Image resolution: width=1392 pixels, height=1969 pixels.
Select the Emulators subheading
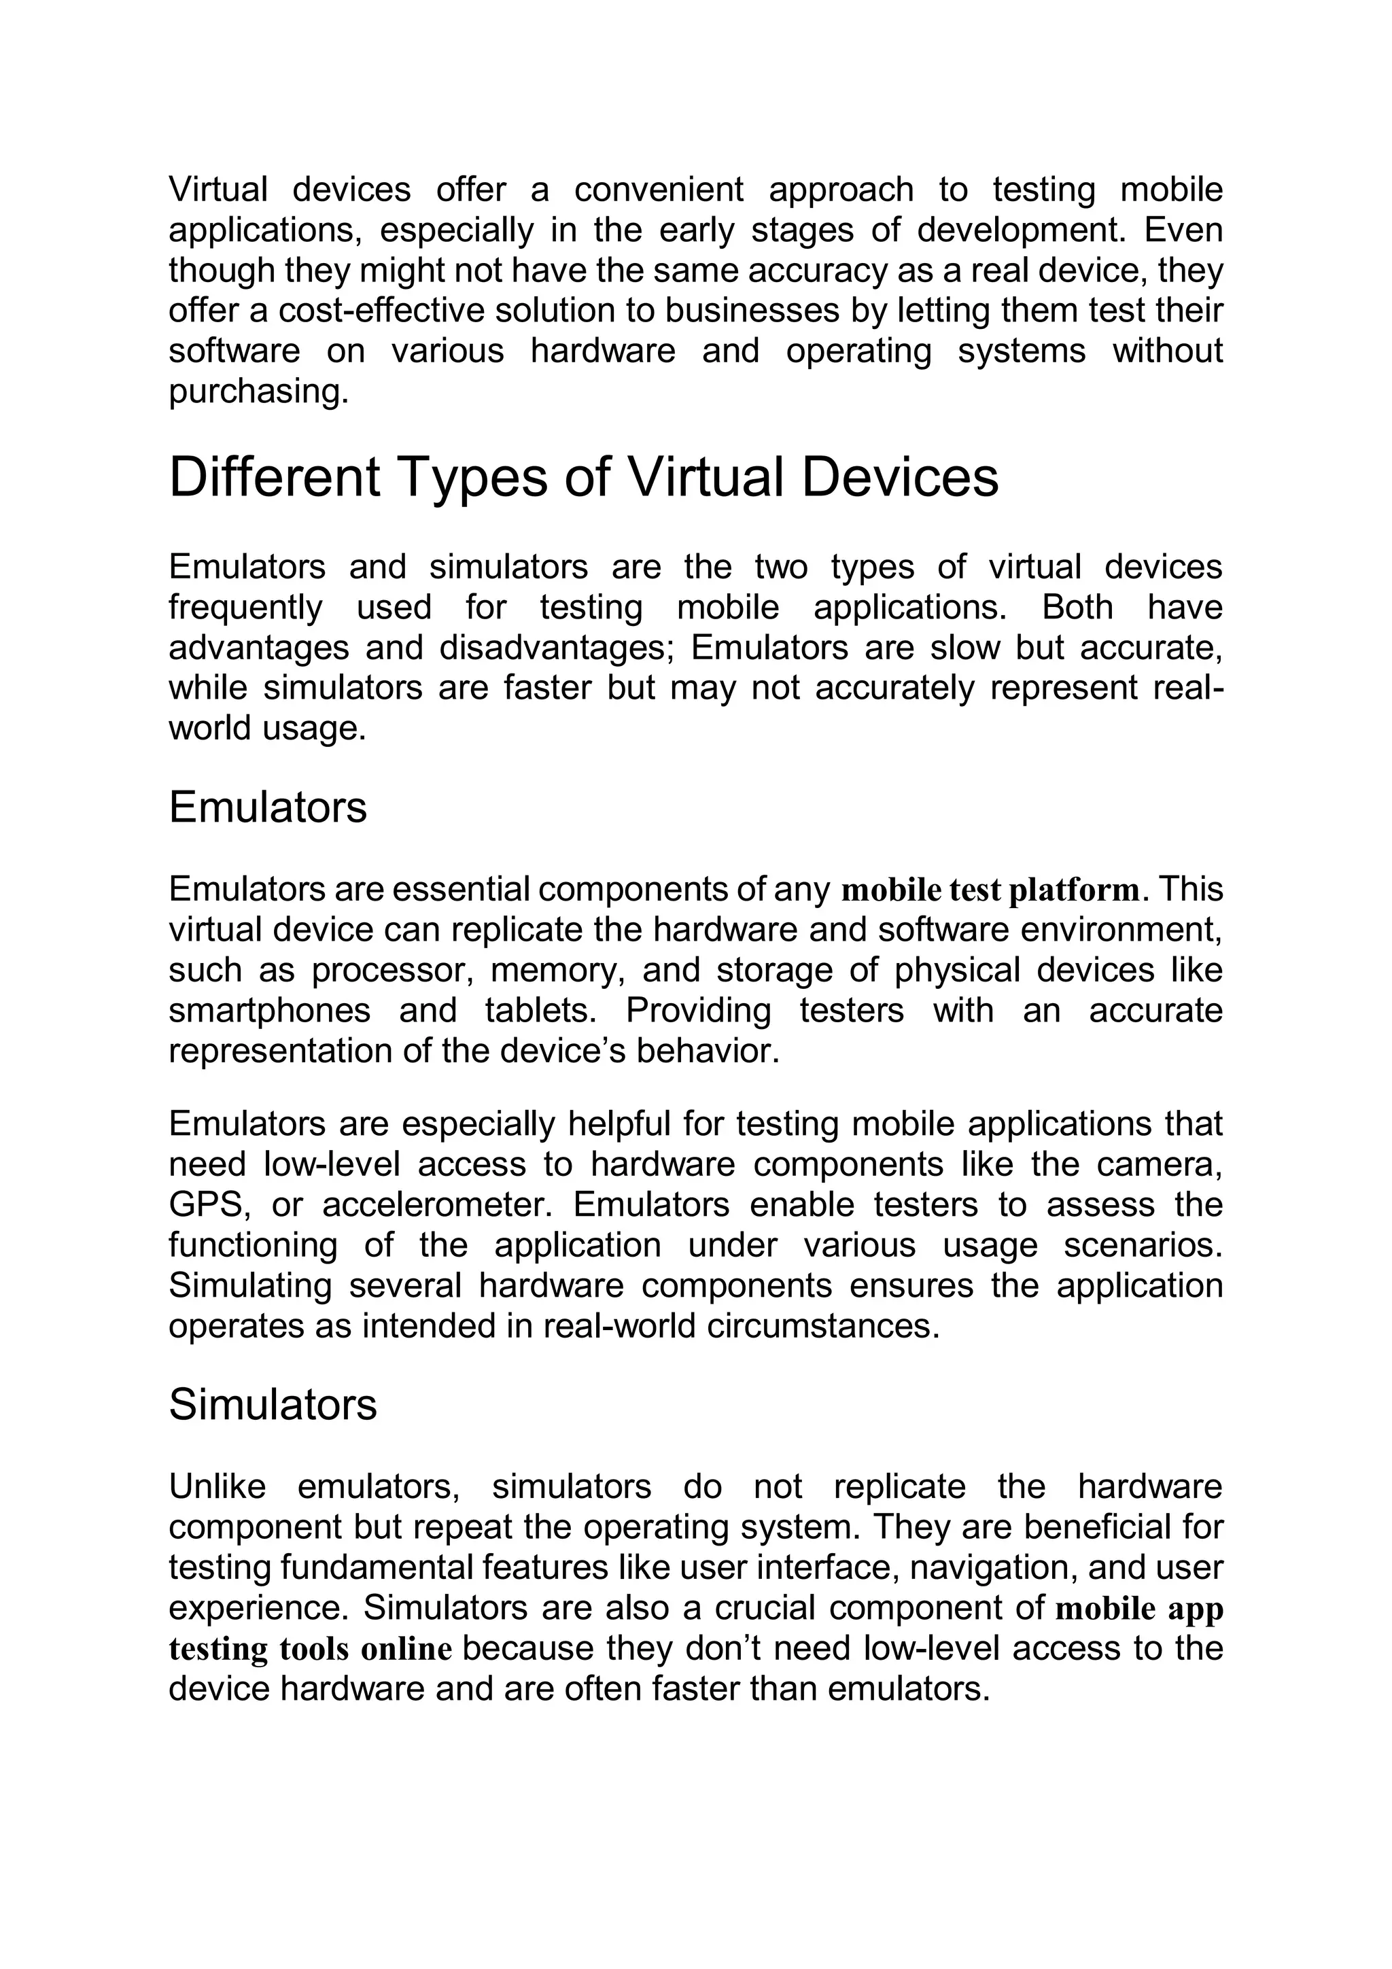[268, 808]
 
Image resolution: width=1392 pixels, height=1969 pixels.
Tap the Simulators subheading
[273, 1405]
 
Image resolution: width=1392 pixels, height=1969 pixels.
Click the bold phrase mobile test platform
[990, 890]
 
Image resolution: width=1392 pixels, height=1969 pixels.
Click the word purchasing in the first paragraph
[258, 392]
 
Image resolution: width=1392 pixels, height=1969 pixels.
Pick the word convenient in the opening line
[659, 190]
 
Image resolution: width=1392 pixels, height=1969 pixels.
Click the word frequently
[245, 607]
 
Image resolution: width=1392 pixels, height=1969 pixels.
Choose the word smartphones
[269, 1011]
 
